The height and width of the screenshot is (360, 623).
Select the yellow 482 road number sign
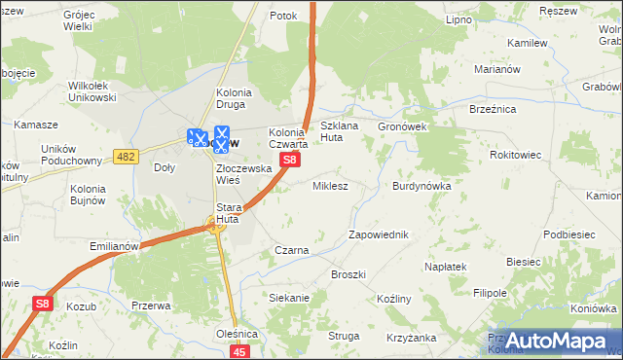(x=125, y=157)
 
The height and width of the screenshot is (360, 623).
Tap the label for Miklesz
(x=330, y=185)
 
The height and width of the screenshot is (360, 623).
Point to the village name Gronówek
(x=404, y=126)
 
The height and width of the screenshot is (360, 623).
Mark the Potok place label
(x=283, y=16)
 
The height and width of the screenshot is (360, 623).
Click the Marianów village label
(x=500, y=70)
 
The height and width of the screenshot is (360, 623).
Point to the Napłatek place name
(x=447, y=266)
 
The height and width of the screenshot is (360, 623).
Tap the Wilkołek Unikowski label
(x=92, y=91)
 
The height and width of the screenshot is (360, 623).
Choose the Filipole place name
(x=491, y=292)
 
